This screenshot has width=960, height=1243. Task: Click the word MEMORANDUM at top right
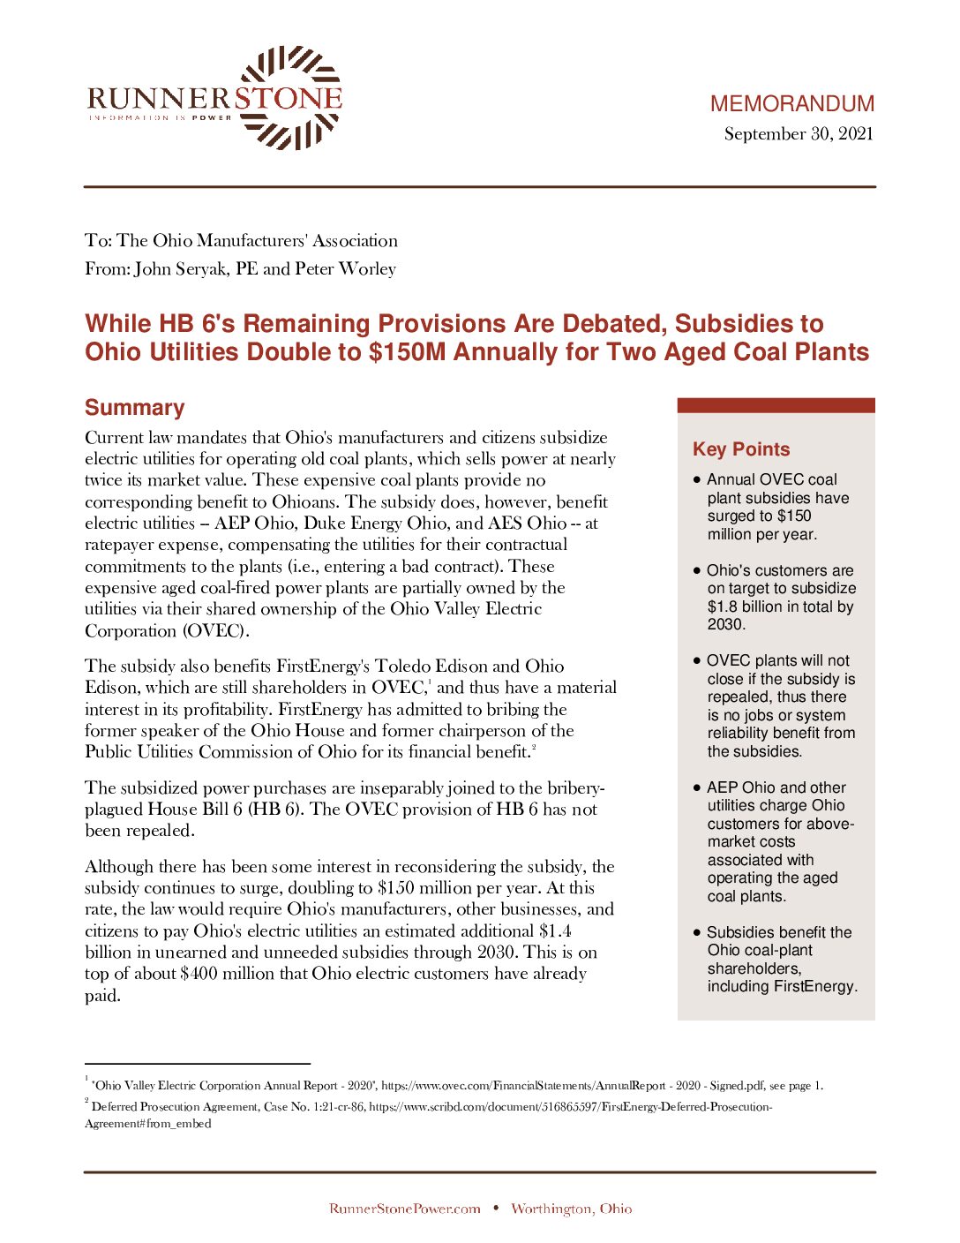(x=791, y=104)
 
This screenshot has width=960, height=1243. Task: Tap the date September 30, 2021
(x=799, y=134)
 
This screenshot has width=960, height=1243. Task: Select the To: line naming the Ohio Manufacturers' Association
(x=241, y=241)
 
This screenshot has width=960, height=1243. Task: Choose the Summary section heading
(x=135, y=408)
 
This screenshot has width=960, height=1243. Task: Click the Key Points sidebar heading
(x=741, y=449)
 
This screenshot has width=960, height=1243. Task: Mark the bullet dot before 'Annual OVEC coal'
(x=697, y=479)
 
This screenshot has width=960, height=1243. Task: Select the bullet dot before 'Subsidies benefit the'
(x=697, y=932)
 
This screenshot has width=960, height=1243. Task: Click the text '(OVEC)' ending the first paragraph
(x=217, y=631)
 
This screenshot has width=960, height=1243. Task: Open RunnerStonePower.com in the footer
(x=404, y=1209)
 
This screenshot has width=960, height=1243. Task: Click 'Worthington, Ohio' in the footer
(x=571, y=1209)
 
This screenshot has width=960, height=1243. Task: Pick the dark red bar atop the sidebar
(x=776, y=405)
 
